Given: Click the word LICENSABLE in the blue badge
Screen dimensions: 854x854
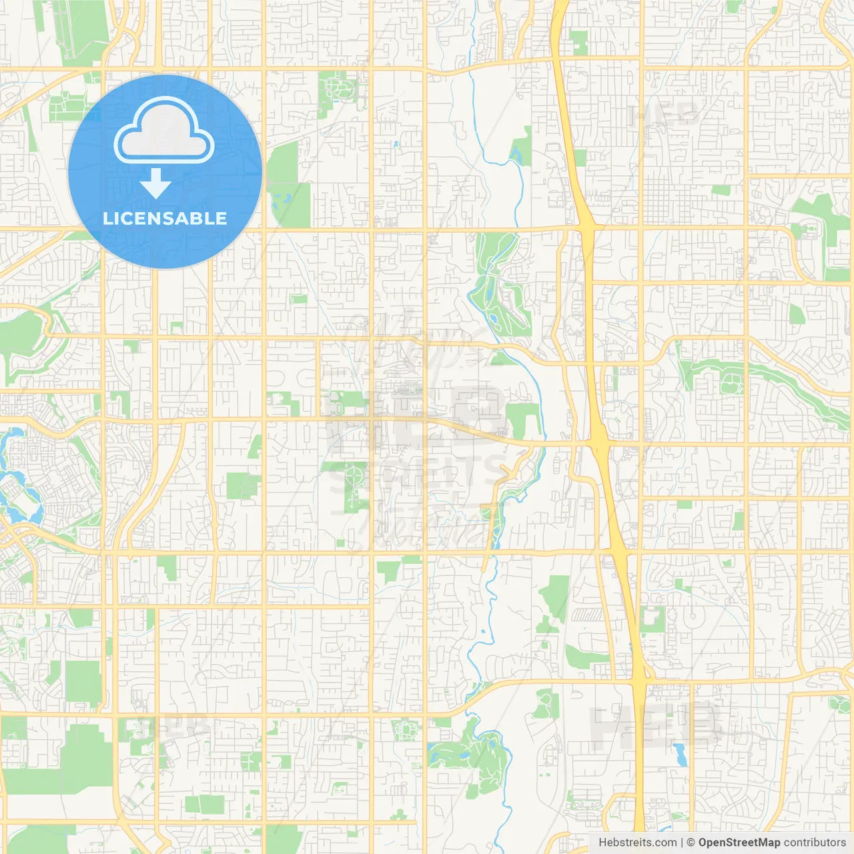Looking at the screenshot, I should (x=165, y=218).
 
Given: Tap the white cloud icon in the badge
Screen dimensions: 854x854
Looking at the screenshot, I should (x=164, y=132).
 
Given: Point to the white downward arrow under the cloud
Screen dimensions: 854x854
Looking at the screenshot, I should (x=156, y=183).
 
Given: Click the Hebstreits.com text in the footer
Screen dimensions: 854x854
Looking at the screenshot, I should (x=637, y=843).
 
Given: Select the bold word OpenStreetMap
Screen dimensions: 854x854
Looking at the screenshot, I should (x=739, y=843).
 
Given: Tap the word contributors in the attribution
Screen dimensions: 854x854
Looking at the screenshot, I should (x=815, y=843).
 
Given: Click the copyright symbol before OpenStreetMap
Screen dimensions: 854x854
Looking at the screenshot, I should (x=691, y=843).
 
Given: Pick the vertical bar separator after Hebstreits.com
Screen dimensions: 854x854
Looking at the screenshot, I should (x=682, y=843).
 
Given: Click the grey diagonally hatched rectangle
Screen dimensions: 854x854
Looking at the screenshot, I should (x=587, y=614).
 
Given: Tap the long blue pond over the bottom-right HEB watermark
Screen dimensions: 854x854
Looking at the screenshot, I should (x=680, y=755).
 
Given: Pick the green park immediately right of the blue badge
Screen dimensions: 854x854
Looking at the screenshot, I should (x=288, y=183).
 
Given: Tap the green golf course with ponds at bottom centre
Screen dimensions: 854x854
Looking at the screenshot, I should (x=470, y=751).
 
